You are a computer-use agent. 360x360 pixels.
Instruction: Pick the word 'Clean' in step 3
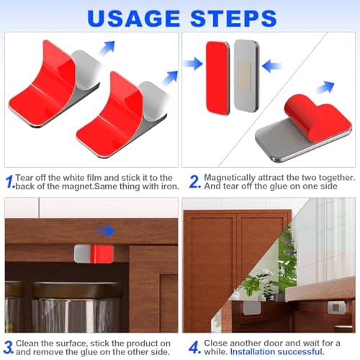[x=32, y=341]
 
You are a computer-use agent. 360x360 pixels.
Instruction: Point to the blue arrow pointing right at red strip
[x=193, y=64]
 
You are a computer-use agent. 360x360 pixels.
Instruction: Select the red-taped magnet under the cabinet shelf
[x=93, y=253]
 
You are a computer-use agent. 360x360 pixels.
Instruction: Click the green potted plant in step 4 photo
[x=253, y=282]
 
